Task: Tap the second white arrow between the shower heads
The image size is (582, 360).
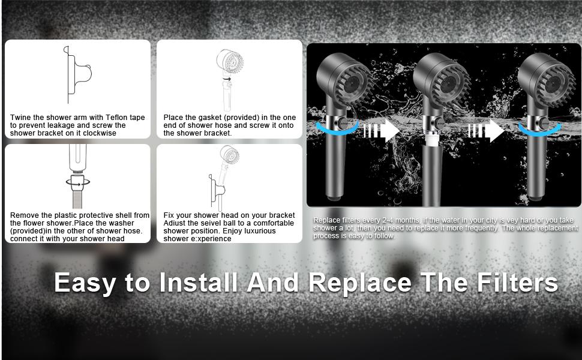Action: pos(486,130)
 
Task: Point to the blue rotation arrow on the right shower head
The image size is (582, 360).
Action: pos(540,131)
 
